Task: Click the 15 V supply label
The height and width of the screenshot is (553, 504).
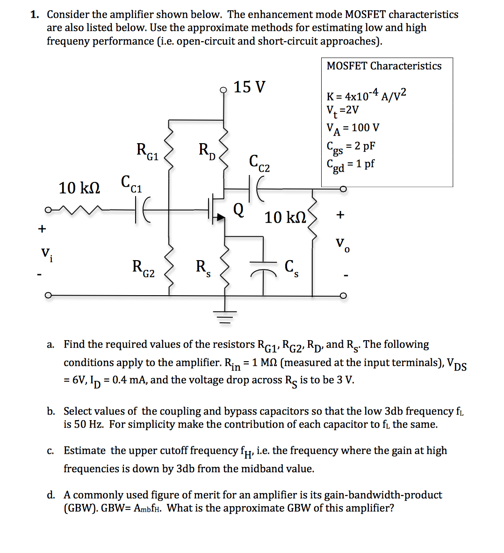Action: point(249,87)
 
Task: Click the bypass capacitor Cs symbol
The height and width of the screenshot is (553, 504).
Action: point(263,272)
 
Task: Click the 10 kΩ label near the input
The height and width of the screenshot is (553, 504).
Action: point(79,188)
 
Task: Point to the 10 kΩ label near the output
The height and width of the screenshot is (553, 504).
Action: point(285,218)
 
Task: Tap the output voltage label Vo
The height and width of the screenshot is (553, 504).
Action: point(342,245)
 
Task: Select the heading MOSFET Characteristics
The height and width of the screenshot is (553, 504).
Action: point(384,66)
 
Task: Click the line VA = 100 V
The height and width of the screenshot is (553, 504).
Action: point(353,128)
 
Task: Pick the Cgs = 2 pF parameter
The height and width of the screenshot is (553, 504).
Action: point(351,147)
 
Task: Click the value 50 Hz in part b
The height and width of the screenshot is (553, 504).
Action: point(88,425)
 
